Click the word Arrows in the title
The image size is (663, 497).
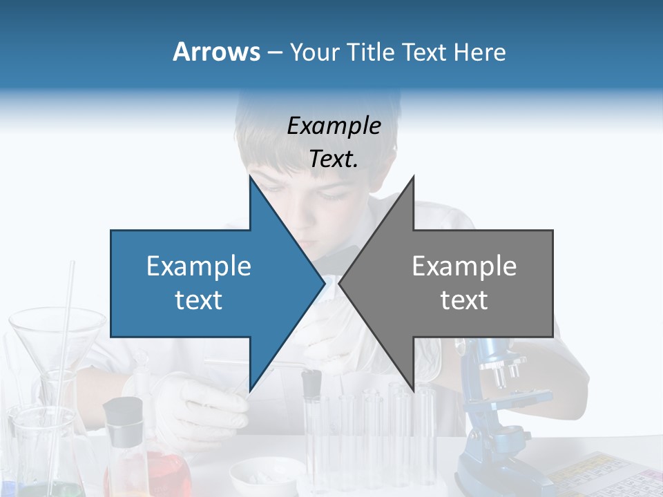[x=217, y=52]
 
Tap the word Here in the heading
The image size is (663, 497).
[x=479, y=52]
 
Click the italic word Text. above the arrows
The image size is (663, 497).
[x=334, y=159]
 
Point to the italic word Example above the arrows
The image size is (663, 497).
[x=334, y=126]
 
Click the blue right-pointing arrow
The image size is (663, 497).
[x=207, y=283]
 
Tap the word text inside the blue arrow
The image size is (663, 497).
[x=198, y=300]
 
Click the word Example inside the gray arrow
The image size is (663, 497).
[x=464, y=266]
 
